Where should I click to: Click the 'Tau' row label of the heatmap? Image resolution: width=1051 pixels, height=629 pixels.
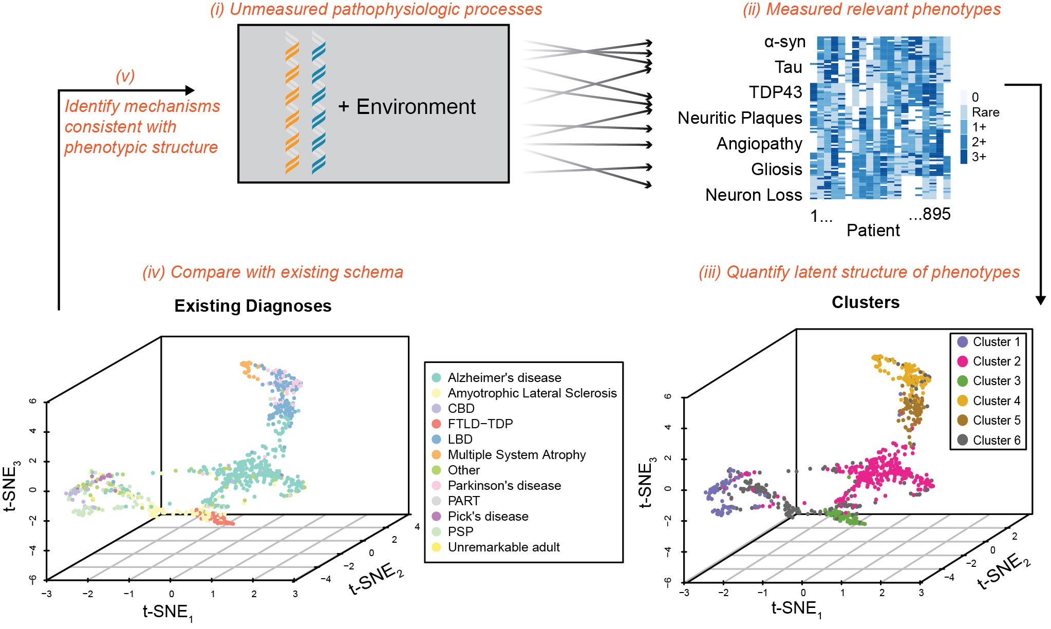point(788,67)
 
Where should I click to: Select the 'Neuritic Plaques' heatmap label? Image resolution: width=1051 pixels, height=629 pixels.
point(739,118)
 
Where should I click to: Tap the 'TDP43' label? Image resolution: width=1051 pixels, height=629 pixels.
point(775,92)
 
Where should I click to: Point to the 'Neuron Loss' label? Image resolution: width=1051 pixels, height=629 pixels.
point(753,195)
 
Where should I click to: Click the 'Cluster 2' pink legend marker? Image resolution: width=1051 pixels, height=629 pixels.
point(963,361)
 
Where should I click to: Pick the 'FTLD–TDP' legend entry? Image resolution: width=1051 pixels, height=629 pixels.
point(480,424)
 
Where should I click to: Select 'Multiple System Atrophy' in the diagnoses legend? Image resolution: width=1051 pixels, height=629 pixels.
point(516,454)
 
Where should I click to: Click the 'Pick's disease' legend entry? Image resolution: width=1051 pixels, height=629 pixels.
point(487,516)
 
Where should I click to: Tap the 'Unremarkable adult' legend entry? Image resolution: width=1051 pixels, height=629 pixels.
point(503,547)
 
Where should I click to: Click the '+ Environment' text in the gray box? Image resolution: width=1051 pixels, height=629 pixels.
point(406,107)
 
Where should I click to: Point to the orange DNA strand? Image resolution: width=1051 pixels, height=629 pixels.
point(292,103)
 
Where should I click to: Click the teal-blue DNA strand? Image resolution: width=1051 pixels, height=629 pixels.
point(318,103)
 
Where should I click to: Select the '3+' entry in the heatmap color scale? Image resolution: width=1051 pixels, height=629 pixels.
point(978,157)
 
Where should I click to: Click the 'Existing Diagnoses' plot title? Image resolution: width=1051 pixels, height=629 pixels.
point(253,306)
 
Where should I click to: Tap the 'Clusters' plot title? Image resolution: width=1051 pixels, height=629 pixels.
point(866,302)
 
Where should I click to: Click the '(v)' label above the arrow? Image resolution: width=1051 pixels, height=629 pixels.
point(125,76)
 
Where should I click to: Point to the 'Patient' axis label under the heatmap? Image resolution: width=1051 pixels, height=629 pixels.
point(873,231)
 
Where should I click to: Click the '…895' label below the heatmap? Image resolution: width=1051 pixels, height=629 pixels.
point(929,214)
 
